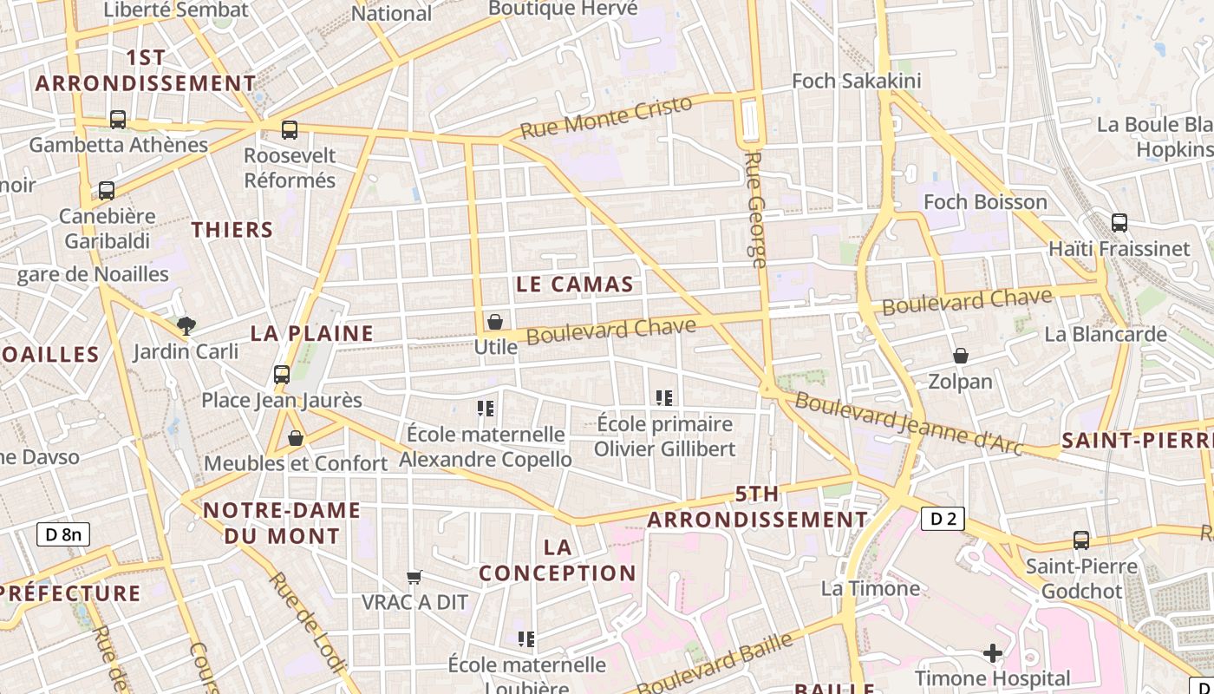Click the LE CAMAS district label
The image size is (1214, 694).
(575, 285)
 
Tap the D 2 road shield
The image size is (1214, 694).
(943, 519)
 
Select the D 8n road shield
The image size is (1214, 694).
(62, 534)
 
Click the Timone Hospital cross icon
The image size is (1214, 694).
(993, 652)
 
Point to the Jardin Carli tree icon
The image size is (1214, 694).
(186, 326)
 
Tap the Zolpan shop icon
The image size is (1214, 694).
(960, 356)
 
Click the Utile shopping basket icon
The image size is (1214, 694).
(495, 322)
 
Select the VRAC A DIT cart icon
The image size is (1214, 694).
(414, 577)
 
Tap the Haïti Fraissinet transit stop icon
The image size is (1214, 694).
(1119, 222)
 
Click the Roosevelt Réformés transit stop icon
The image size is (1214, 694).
(290, 130)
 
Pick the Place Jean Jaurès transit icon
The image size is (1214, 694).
(282, 375)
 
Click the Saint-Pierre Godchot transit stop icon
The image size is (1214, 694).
(1081, 540)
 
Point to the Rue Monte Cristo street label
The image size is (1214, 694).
(606, 117)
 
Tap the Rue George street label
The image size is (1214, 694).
(755, 209)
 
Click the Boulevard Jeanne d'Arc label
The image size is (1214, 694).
(909, 423)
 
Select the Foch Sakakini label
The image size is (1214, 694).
(845, 82)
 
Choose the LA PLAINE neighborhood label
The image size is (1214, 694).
(312, 333)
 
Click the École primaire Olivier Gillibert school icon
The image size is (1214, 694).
(664, 398)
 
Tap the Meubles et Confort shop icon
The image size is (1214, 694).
(296, 438)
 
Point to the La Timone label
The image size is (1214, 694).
(871, 588)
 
